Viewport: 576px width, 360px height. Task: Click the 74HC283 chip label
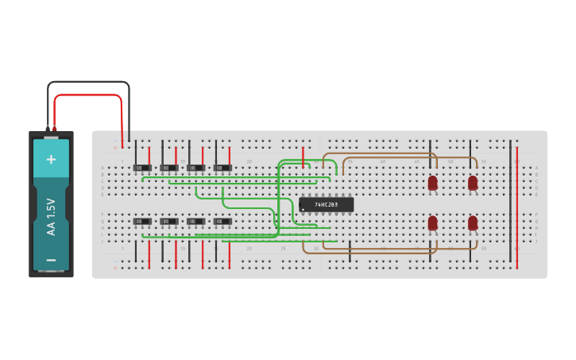[x=327, y=204]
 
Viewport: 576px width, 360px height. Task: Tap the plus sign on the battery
[x=51, y=159]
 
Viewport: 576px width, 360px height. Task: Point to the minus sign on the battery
[x=51, y=259]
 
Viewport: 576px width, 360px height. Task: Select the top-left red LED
[x=432, y=184]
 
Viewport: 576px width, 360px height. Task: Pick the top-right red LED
[x=473, y=184]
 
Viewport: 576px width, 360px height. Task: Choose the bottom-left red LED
[x=432, y=223]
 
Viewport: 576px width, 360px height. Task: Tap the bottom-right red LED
[x=473, y=223]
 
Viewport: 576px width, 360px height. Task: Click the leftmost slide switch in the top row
[x=143, y=168]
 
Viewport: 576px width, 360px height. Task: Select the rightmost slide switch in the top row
[x=223, y=168]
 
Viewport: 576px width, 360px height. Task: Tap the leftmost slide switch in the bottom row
[x=143, y=221]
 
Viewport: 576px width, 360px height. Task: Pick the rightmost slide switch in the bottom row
[x=223, y=221]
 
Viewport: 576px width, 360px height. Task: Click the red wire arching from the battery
[x=87, y=95]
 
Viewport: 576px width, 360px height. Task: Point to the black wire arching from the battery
[x=87, y=82]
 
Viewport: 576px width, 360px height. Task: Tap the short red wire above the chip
[x=303, y=157]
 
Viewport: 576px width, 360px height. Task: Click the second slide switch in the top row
[x=169, y=168]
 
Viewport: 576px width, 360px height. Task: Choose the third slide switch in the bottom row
[x=195, y=221]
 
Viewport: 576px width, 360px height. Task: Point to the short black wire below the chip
[x=350, y=253]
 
